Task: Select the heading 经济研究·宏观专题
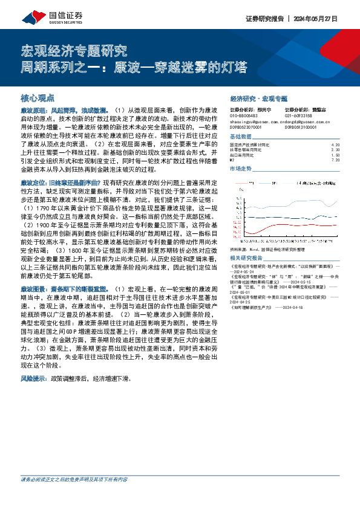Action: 259,97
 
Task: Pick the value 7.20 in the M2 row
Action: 336,160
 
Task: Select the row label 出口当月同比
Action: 244,155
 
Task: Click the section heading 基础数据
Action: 240,137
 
